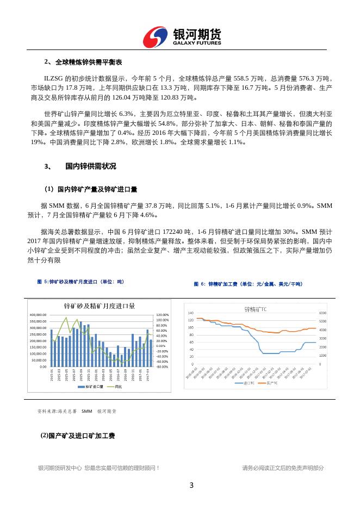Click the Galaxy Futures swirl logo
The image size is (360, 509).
[x=156, y=36]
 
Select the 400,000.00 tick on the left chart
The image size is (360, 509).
[x=39, y=315]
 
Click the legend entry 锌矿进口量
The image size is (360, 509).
[x=93, y=387]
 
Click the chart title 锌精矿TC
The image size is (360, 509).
[x=255, y=309]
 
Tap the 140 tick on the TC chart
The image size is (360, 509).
[x=190, y=313]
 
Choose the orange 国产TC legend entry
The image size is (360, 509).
[x=270, y=383]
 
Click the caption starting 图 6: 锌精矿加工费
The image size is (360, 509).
[x=248, y=284]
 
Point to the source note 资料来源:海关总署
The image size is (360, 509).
[x=57, y=411]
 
